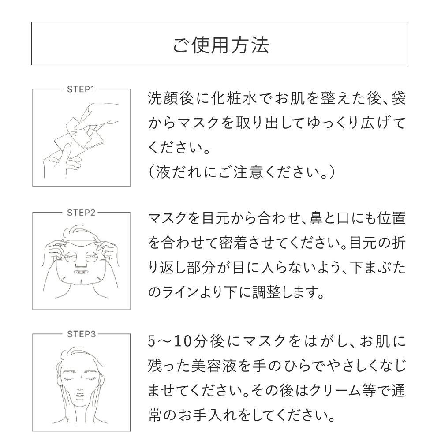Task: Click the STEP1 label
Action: pyautogui.click(x=81, y=89)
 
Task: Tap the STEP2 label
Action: pyautogui.click(x=81, y=212)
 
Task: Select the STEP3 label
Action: pyautogui.click(x=81, y=334)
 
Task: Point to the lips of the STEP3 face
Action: pyautogui.click(x=81, y=398)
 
